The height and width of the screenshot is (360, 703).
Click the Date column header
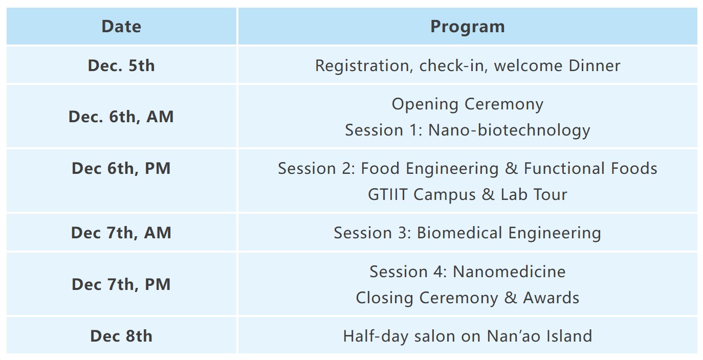pyautogui.click(x=121, y=27)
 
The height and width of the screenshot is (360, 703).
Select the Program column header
pyautogui.click(x=467, y=27)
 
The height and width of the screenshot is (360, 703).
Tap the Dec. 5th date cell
pyautogui.click(x=121, y=66)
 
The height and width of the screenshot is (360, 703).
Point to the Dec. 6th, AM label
pyautogui.click(x=121, y=117)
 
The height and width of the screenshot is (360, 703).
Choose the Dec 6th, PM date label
pyautogui.click(x=121, y=169)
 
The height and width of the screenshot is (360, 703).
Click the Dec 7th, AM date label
pyautogui.click(x=121, y=233)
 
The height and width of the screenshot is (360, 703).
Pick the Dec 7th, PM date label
pyautogui.click(x=121, y=285)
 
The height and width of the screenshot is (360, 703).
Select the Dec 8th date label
pyautogui.click(x=121, y=336)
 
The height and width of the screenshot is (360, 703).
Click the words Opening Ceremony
pyautogui.click(x=467, y=104)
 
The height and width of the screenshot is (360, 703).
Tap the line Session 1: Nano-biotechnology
pyautogui.click(x=467, y=130)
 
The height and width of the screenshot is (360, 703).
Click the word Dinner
pyautogui.click(x=595, y=66)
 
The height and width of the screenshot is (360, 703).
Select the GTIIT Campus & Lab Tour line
pyautogui.click(x=467, y=194)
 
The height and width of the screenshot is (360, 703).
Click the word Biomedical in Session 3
pyautogui.click(x=459, y=233)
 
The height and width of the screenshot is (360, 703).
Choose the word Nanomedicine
pyautogui.click(x=509, y=272)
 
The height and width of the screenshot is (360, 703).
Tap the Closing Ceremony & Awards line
pyautogui.click(x=467, y=298)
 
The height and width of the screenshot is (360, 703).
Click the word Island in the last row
pyautogui.click(x=569, y=336)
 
